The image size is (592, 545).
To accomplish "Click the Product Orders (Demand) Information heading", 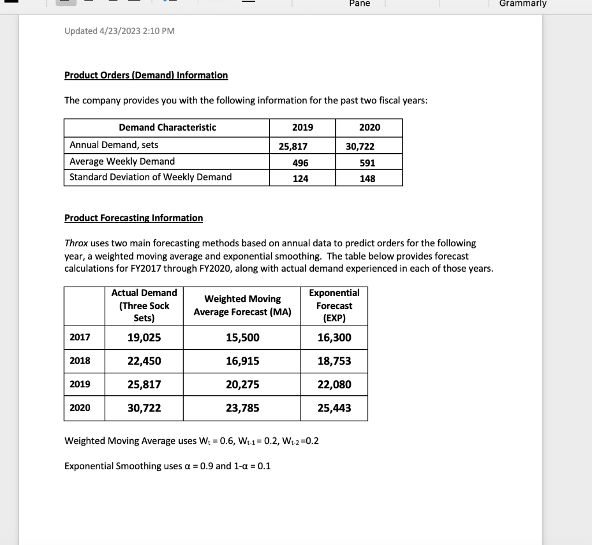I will tap(146, 75).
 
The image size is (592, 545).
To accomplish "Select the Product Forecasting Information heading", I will tap(134, 218).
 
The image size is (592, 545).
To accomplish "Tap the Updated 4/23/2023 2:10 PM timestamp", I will tap(119, 31).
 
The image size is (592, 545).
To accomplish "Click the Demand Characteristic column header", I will tap(167, 127).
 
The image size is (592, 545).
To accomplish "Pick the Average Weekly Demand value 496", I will tap(301, 162).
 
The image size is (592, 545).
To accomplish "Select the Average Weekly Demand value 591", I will tap(368, 162).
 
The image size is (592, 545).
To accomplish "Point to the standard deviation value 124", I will tap(301, 179).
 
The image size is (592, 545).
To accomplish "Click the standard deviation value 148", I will tap(368, 179).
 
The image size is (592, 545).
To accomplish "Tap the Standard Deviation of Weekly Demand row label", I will tap(150, 177).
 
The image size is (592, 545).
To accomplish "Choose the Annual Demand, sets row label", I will tap(114, 144).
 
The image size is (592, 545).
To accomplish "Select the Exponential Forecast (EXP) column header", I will tap(334, 306).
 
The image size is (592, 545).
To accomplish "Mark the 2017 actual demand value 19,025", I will tap(144, 338).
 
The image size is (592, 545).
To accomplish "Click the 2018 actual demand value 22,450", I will tap(144, 361).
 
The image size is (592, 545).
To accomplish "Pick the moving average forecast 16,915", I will tap(242, 361).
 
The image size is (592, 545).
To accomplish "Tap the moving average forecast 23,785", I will tap(242, 408).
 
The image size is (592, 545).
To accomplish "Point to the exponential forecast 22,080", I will tap(334, 384).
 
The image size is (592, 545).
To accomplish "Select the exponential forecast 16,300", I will tap(334, 338).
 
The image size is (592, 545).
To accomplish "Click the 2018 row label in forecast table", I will tap(80, 361).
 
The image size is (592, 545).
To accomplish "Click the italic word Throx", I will tap(76, 243).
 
